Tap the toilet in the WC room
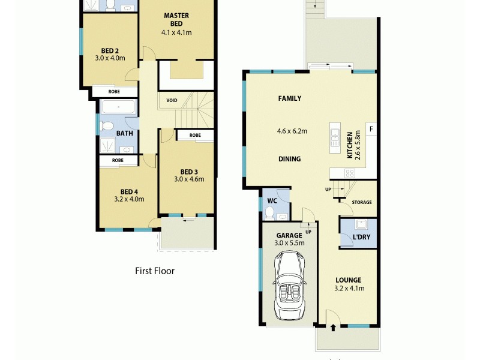pos(269,213)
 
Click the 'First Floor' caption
pos(155,271)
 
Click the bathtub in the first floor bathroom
pos(118,109)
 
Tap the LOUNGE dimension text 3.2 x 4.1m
pos(349,288)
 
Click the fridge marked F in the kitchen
pos(371,129)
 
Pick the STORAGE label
pos(362,202)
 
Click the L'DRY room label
pos(361,238)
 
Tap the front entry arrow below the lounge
pos(333,328)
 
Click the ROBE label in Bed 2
pos(114,92)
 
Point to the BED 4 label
pos(129,191)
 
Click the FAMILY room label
pos(289,98)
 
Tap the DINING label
pos(289,159)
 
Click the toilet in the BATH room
pos(108,127)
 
